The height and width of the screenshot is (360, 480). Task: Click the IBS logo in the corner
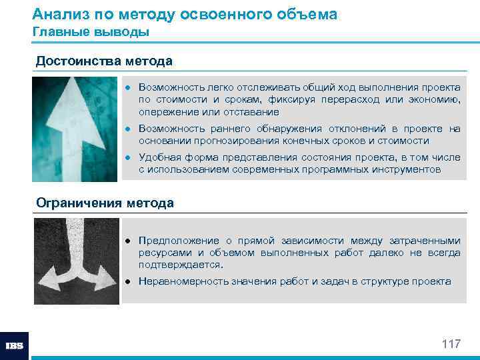pyautogui.click(x=14, y=346)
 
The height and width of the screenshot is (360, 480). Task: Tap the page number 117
pyautogui.click(x=451, y=344)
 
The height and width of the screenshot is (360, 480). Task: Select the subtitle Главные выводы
pyautogui.click(x=91, y=31)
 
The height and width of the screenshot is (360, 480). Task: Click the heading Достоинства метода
pyautogui.click(x=104, y=61)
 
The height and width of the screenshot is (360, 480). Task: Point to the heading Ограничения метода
pyautogui.click(x=105, y=203)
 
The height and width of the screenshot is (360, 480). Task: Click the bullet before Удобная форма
pyautogui.click(x=131, y=157)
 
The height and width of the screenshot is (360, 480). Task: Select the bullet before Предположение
pyautogui.click(x=131, y=241)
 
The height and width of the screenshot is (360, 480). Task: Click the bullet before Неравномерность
pyautogui.click(x=131, y=281)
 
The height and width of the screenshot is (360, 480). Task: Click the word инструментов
pyautogui.click(x=408, y=169)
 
